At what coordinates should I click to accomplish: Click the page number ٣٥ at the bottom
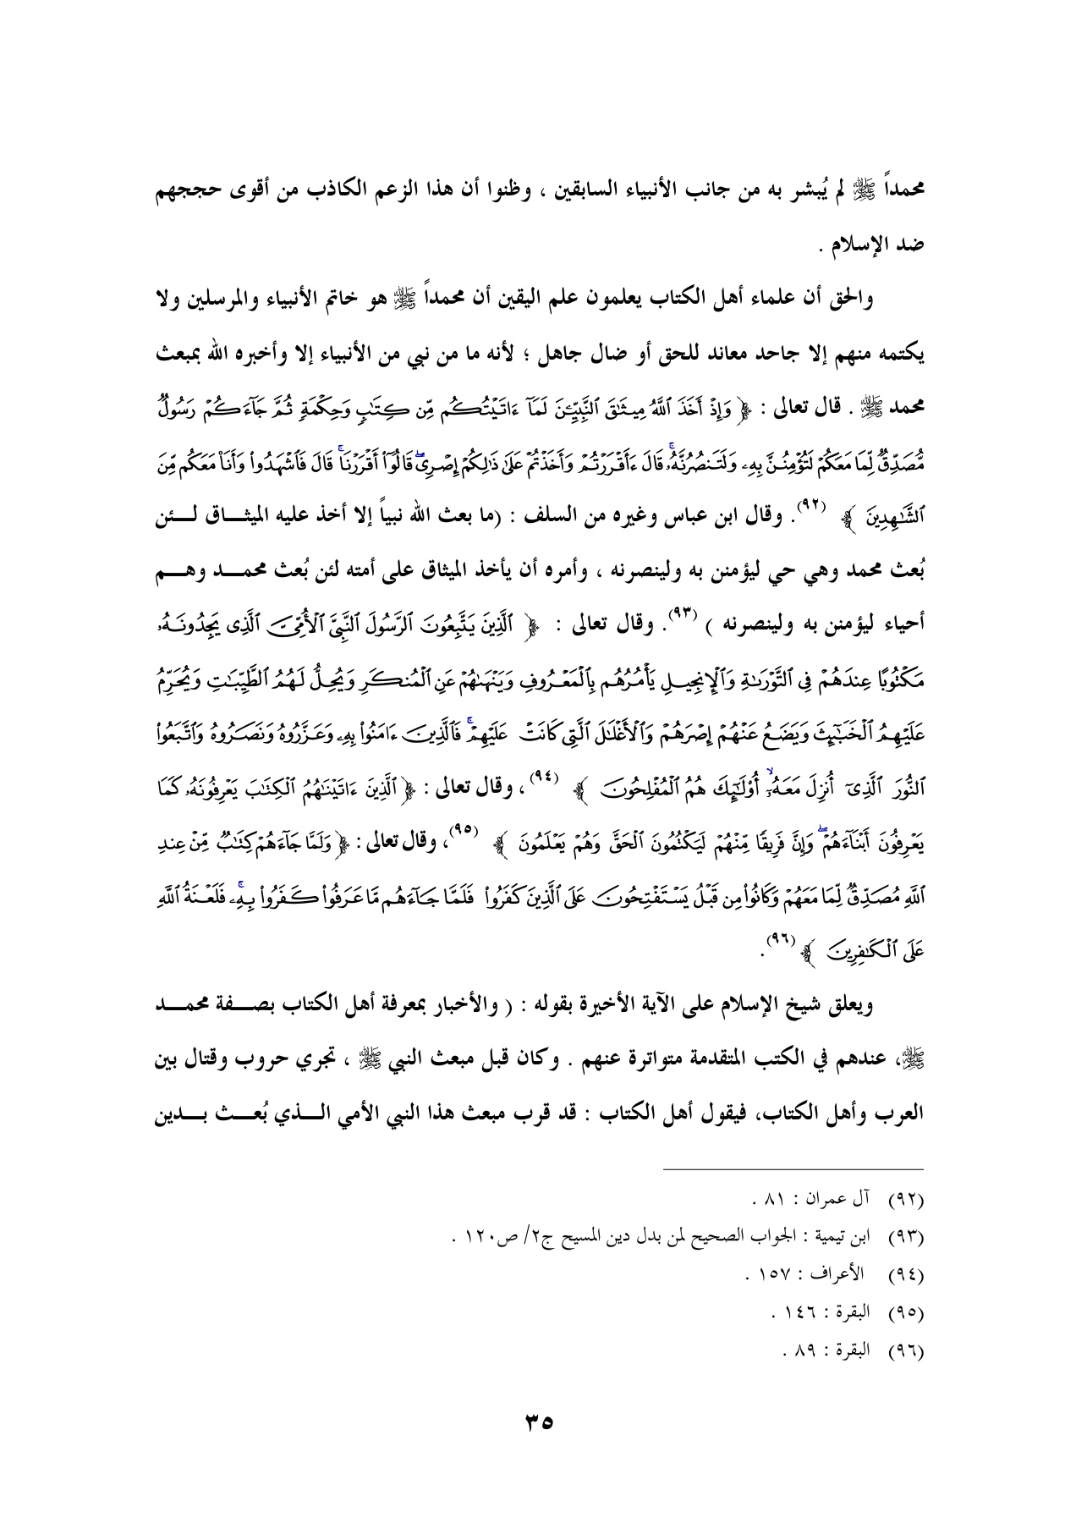(x=538, y=1421)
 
